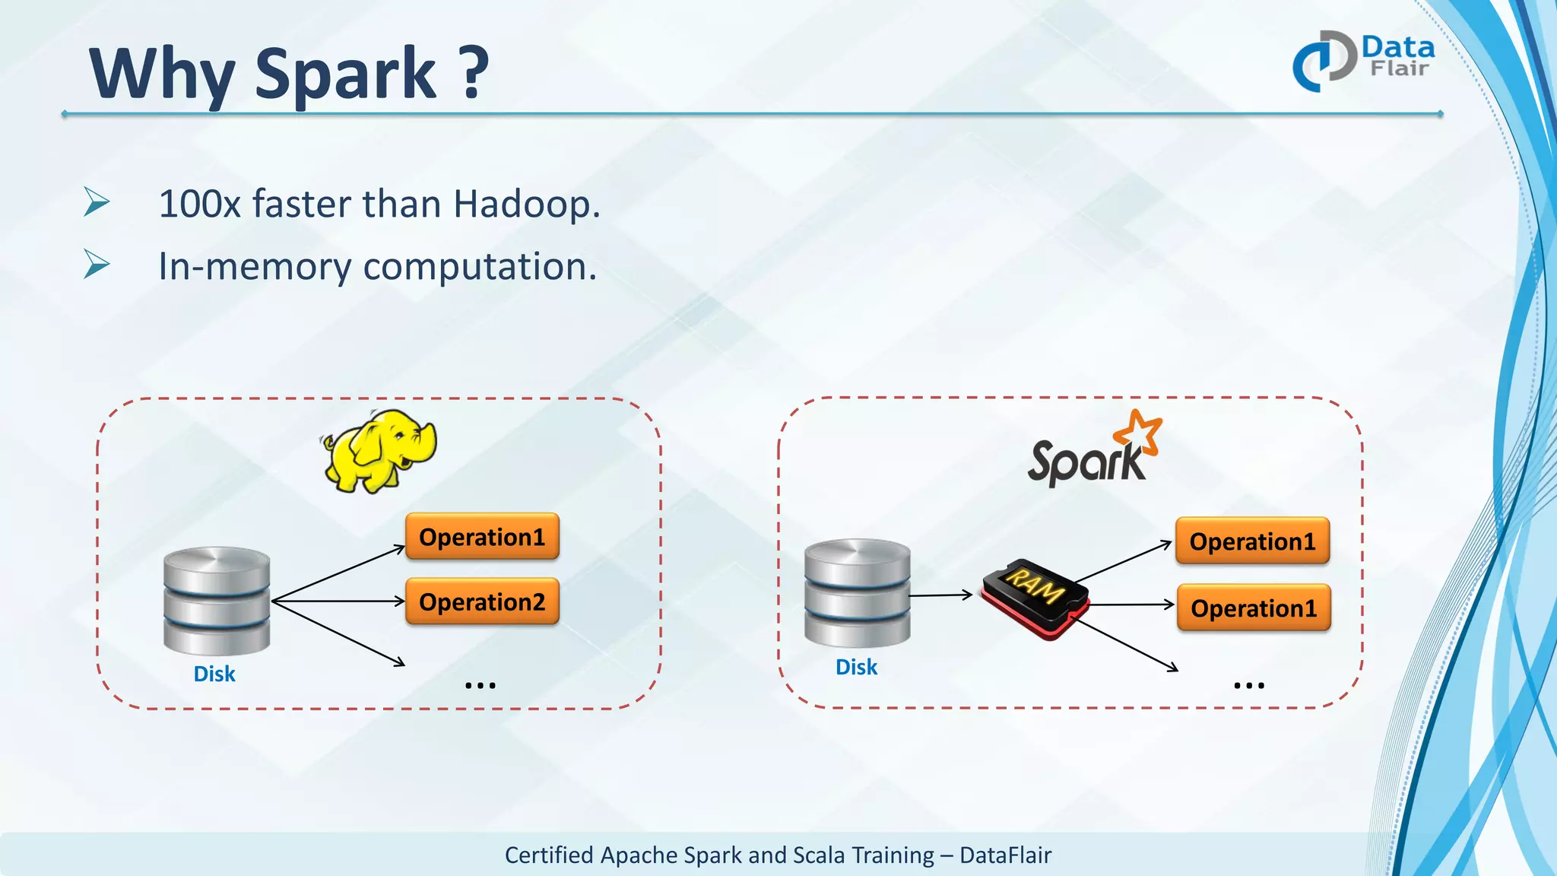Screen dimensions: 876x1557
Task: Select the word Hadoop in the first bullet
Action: point(526,205)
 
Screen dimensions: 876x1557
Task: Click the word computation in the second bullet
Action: point(480,267)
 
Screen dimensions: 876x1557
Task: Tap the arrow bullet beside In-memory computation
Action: point(97,264)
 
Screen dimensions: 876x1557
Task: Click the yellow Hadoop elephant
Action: point(379,451)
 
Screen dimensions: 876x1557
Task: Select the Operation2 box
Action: point(482,601)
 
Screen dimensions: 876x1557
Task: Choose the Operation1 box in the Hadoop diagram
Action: point(482,537)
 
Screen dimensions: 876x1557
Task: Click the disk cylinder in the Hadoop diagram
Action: point(217,601)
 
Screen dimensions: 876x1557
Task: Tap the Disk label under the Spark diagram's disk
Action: point(856,667)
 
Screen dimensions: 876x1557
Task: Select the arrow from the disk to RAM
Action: point(941,595)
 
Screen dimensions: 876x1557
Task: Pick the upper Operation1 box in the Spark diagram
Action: point(1252,541)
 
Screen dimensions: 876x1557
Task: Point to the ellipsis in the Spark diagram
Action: point(1249,685)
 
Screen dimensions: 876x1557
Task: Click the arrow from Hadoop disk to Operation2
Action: point(338,601)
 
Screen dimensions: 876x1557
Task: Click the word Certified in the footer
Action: point(549,855)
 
